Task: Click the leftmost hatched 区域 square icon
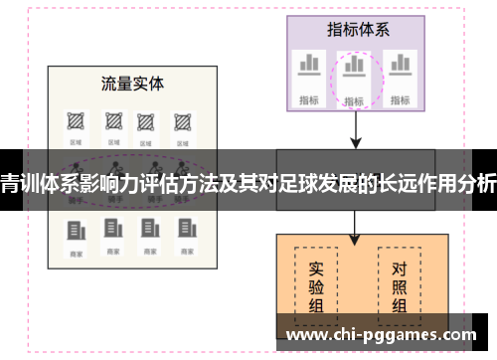pos(75,121)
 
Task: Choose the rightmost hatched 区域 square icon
pos(183,121)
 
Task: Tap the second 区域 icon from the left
pos(110,121)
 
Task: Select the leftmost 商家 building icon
pos(75,230)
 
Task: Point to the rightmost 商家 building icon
pos(183,230)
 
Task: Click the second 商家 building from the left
pos(110,230)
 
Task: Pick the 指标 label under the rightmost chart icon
pos(401,98)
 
